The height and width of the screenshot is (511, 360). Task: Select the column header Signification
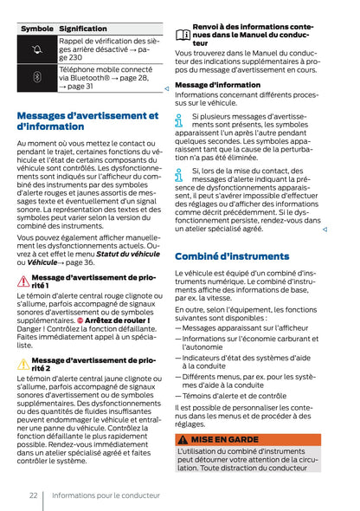point(83,29)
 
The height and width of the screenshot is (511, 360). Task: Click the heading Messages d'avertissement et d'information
point(87,120)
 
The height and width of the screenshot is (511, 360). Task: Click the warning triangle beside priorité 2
point(22,364)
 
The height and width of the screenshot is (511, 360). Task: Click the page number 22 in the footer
point(32,495)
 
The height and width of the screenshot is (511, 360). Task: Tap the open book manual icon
point(183,35)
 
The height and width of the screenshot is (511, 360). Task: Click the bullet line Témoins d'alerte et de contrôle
point(234,395)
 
